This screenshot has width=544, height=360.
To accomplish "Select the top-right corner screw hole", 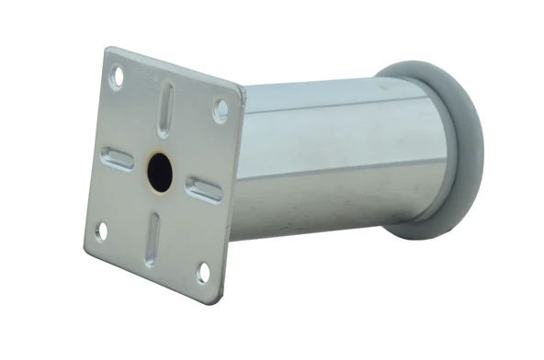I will [x=221, y=111].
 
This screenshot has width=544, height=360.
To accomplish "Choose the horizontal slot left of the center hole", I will [x=118, y=160].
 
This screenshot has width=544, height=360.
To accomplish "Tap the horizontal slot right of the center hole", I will [x=204, y=190].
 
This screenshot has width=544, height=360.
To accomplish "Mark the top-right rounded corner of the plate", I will [x=241, y=90].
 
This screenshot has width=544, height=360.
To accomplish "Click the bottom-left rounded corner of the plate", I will [x=85, y=249].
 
